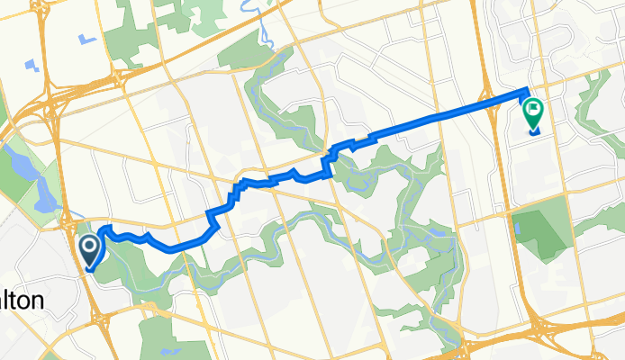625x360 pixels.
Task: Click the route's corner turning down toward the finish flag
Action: (x=525, y=89)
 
